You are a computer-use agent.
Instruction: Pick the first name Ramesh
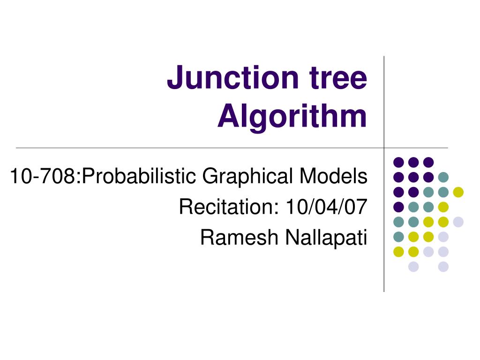click(x=240, y=238)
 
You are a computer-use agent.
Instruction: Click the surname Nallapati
click(x=325, y=238)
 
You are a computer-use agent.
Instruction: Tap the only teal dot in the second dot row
click(x=443, y=177)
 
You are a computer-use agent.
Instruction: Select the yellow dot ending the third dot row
click(x=458, y=192)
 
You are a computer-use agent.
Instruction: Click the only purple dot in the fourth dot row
click(x=398, y=207)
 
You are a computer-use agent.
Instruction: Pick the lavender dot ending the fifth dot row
click(x=458, y=222)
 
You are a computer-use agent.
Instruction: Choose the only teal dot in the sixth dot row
click(x=398, y=237)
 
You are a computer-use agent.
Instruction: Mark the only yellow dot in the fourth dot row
click(x=443, y=207)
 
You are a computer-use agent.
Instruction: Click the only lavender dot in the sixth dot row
click(x=443, y=237)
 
